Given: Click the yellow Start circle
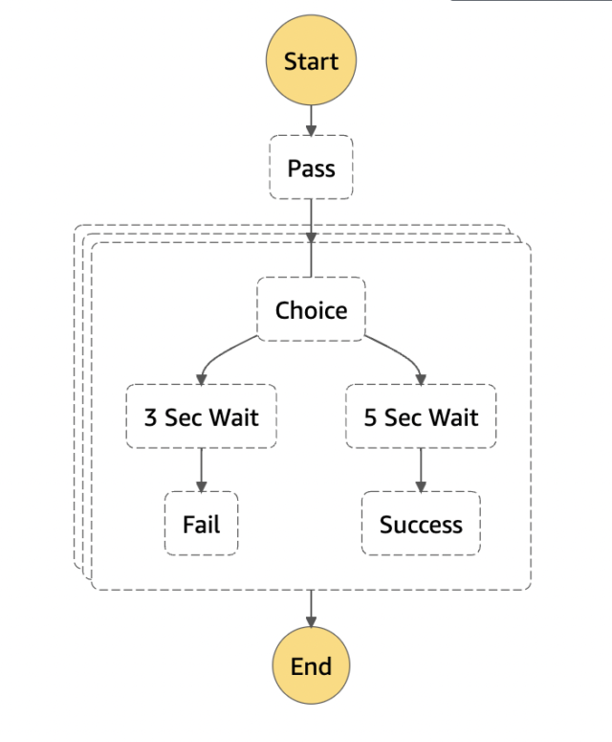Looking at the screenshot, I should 311,61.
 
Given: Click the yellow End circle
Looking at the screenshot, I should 311,666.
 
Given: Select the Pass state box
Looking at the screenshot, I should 311,168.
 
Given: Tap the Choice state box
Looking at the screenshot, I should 311,309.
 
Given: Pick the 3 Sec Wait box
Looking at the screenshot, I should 201,417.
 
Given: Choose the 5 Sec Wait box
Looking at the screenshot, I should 421,417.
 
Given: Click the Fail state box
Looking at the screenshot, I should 201,524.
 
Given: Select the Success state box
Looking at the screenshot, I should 421,524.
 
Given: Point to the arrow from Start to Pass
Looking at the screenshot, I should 311,119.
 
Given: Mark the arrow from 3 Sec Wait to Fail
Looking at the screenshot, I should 201,469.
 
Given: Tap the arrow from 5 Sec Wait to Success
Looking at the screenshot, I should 421,469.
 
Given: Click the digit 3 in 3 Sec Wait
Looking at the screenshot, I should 150,417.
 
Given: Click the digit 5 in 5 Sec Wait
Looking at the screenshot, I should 370,417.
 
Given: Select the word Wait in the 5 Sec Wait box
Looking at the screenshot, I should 453,417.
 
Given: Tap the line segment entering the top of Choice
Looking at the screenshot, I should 311,260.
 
